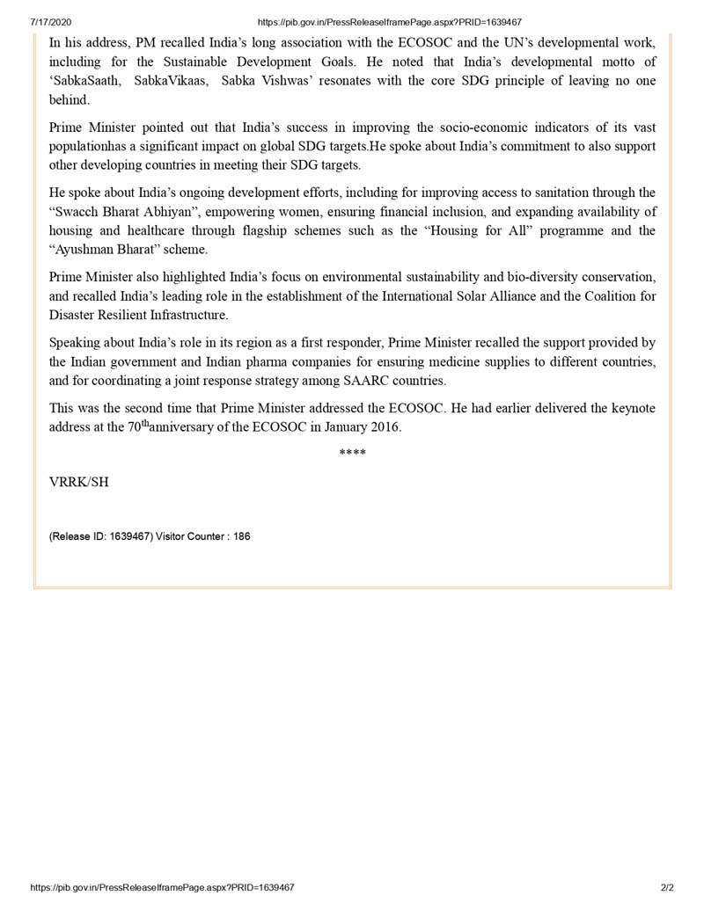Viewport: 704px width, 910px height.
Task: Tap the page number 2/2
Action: pyautogui.click(x=666, y=888)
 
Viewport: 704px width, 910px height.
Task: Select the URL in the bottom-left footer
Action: pyautogui.click(x=163, y=888)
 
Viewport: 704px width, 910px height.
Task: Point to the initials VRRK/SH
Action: pyautogui.click(x=79, y=483)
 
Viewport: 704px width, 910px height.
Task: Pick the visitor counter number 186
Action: pyautogui.click(x=241, y=535)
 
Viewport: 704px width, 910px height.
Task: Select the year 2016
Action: pyautogui.click(x=384, y=427)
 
